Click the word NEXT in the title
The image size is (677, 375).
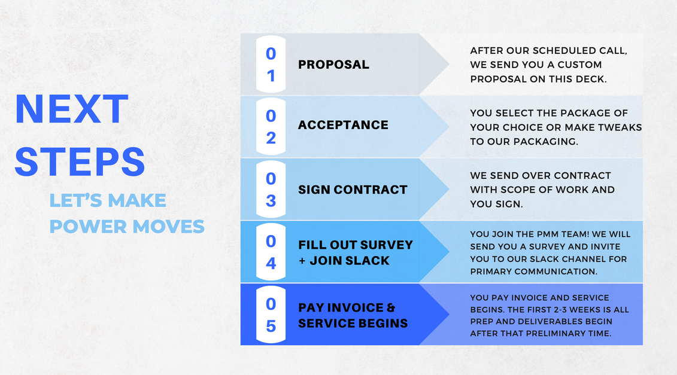(x=72, y=109)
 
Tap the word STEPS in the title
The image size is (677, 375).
(x=80, y=162)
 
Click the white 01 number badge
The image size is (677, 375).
(x=271, y=65)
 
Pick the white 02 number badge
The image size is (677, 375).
(x=271, y=126)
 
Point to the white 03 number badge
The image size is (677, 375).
(x=271, y=189)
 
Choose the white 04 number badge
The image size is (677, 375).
(x=271, y=252)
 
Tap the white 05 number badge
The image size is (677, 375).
(x=271, y=314)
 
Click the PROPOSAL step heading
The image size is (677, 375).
(x=334, y=65)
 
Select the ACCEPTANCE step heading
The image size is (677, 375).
(x=343, y=125)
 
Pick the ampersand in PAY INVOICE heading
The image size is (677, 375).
(x=391, y=307)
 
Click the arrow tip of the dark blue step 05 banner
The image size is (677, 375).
(x=449, y=314)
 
